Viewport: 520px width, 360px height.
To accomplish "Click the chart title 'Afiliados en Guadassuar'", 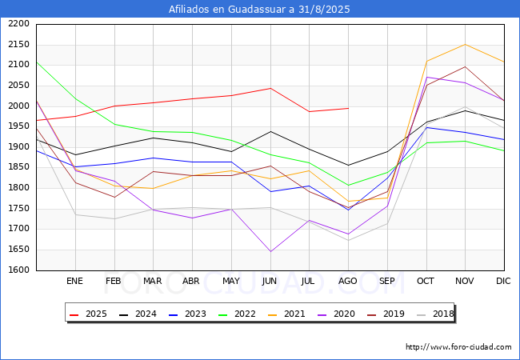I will pos(259,10).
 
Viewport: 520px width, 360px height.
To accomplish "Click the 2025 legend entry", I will pos(89,314).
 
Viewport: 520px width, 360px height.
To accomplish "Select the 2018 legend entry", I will pos(437,314).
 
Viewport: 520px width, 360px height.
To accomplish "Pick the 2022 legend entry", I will pos(238,314).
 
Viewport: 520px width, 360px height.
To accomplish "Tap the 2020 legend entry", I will pos(338,314).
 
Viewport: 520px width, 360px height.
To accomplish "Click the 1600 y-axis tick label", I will pos(19,270).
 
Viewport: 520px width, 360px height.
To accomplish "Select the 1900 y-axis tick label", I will pos(19,147).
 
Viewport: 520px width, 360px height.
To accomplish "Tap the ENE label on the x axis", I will pos(74,282).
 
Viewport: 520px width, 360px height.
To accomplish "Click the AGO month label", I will pos(348,282).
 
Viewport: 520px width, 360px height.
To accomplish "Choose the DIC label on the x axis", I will pos(503,282).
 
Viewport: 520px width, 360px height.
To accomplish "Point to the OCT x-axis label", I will pos(426,282).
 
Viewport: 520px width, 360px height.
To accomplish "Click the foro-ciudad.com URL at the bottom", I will pos(458,347).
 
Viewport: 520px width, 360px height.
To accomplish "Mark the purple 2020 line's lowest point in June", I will pos(270,252).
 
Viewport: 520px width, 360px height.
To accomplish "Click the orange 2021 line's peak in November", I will pos(465,45).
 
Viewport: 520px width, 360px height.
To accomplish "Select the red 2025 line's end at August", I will pos(348,108).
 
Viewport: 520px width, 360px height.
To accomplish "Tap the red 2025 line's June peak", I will pos(270,88).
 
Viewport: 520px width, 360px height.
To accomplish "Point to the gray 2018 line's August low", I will pos(348,241).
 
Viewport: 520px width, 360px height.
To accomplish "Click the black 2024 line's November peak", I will pos(465,110).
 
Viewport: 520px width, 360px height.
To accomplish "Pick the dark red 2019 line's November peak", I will pos(465,67).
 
